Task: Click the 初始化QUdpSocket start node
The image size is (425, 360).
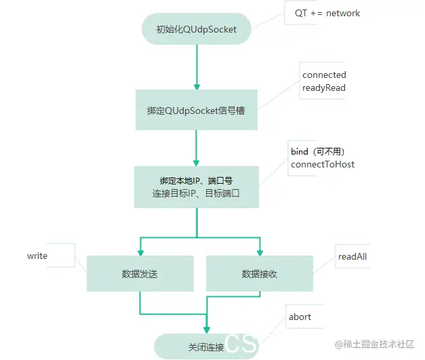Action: pyautogui.click(x=196, y=29)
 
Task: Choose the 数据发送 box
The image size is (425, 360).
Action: pyautogui.click(x=140, y=274)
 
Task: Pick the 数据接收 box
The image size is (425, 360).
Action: pyautogui.click(x=259, y=274)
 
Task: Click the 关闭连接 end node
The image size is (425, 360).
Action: pyautogui.click(x=206, y=346)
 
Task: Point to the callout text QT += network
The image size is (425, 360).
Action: pyautogui.click(x=327, y=13)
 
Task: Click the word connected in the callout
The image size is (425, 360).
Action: pyautogui.click(x=324, y=75)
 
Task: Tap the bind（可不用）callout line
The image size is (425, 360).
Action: pyautogui.click(x=323, y=151)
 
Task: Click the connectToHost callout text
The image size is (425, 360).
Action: pyautogui.click(x=323, y=164)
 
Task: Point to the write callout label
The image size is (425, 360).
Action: pyautogui.click(x=37, y=256)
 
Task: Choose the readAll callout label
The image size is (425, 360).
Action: pyautogui.click(x=352, y=256)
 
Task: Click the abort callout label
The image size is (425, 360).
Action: pyautogui.click(x=300, y=317)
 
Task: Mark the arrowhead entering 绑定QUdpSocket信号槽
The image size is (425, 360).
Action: pyautogui.click(x=196, y=86)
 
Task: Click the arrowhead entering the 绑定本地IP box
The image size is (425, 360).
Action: pyautogui.click(x=196, y=162)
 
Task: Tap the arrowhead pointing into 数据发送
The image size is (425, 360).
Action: pyautogui.click(x=140, y=252)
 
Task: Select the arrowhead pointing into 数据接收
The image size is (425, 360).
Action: pyautogui.click(x=259, y=252)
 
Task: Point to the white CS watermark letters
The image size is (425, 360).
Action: pyautogui.click(x=241, y=344)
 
